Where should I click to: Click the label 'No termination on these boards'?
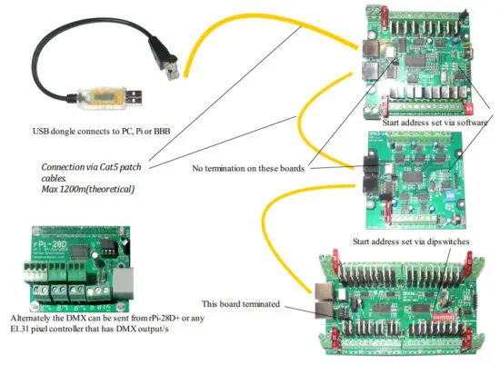click(248, 167)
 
